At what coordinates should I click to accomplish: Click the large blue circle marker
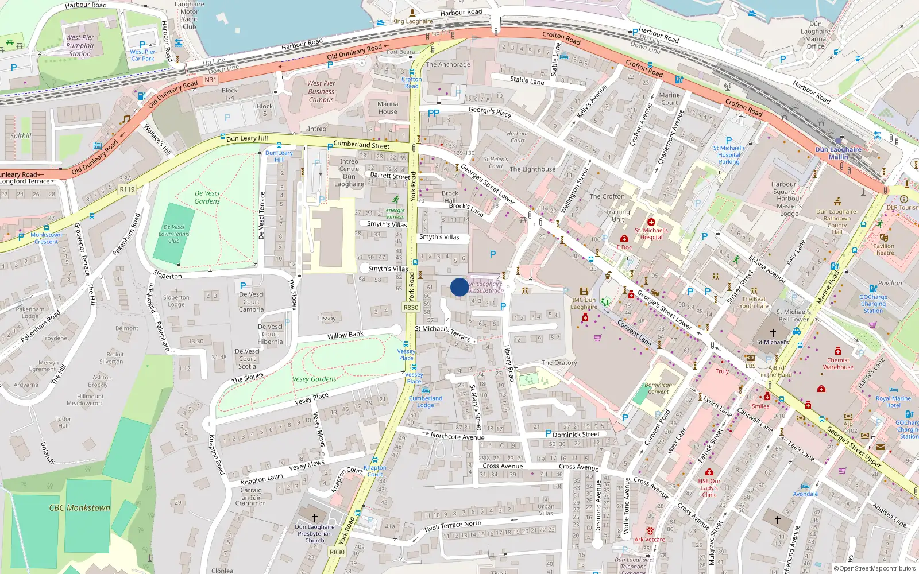click(459, 287)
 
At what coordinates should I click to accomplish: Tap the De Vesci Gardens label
click(207, 197)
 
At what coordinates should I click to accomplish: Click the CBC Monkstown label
click(79, 508)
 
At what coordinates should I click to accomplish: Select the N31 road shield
click(210, 80)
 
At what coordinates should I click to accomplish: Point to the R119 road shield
click(127, 189)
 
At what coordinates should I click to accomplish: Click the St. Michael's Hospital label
click(651, 234)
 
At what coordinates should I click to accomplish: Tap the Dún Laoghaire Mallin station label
click(838, 153)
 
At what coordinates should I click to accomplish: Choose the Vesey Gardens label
click(314, 379)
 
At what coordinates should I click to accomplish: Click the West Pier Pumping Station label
click(80, 46)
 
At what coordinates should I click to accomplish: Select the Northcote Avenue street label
click(457, 436)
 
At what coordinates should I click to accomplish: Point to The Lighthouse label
click(532, 169)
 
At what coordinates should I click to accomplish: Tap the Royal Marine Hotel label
click(893, 402)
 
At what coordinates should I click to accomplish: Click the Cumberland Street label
click(361, 145)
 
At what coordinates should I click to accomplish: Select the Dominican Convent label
click(658, 389)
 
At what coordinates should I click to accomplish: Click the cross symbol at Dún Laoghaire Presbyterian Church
click(314, 517)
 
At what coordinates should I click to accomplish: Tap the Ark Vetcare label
click(650, 540)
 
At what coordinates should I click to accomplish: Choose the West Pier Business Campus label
click(321, 91)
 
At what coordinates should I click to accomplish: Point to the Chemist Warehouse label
click(838, 363)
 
